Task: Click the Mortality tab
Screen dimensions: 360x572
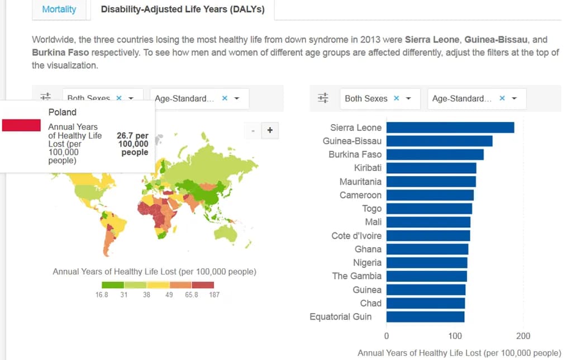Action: point(59,10)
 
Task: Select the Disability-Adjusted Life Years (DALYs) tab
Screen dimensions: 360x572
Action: point(183,10)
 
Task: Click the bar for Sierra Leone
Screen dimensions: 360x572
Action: point(450,127)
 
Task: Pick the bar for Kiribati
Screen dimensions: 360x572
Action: point(431,168)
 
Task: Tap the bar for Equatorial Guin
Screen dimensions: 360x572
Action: point(425,317)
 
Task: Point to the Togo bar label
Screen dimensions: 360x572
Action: point(371,209)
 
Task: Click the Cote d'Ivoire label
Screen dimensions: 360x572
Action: point(356,235)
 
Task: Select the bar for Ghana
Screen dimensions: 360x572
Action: point(427,249)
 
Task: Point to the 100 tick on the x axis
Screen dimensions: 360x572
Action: point(455,336)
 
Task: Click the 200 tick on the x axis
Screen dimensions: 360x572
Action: point(523,336)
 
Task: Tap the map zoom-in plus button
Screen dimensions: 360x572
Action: point(270,130)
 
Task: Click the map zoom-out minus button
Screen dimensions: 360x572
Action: point(253,131)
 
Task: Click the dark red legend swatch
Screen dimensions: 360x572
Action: point(203,285)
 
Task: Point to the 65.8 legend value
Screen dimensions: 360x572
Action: point(192,295)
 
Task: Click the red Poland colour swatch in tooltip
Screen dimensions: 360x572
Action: point(21,125)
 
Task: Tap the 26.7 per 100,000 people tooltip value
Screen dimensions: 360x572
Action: point(132,144)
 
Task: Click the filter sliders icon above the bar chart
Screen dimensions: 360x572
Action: point(323,98)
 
